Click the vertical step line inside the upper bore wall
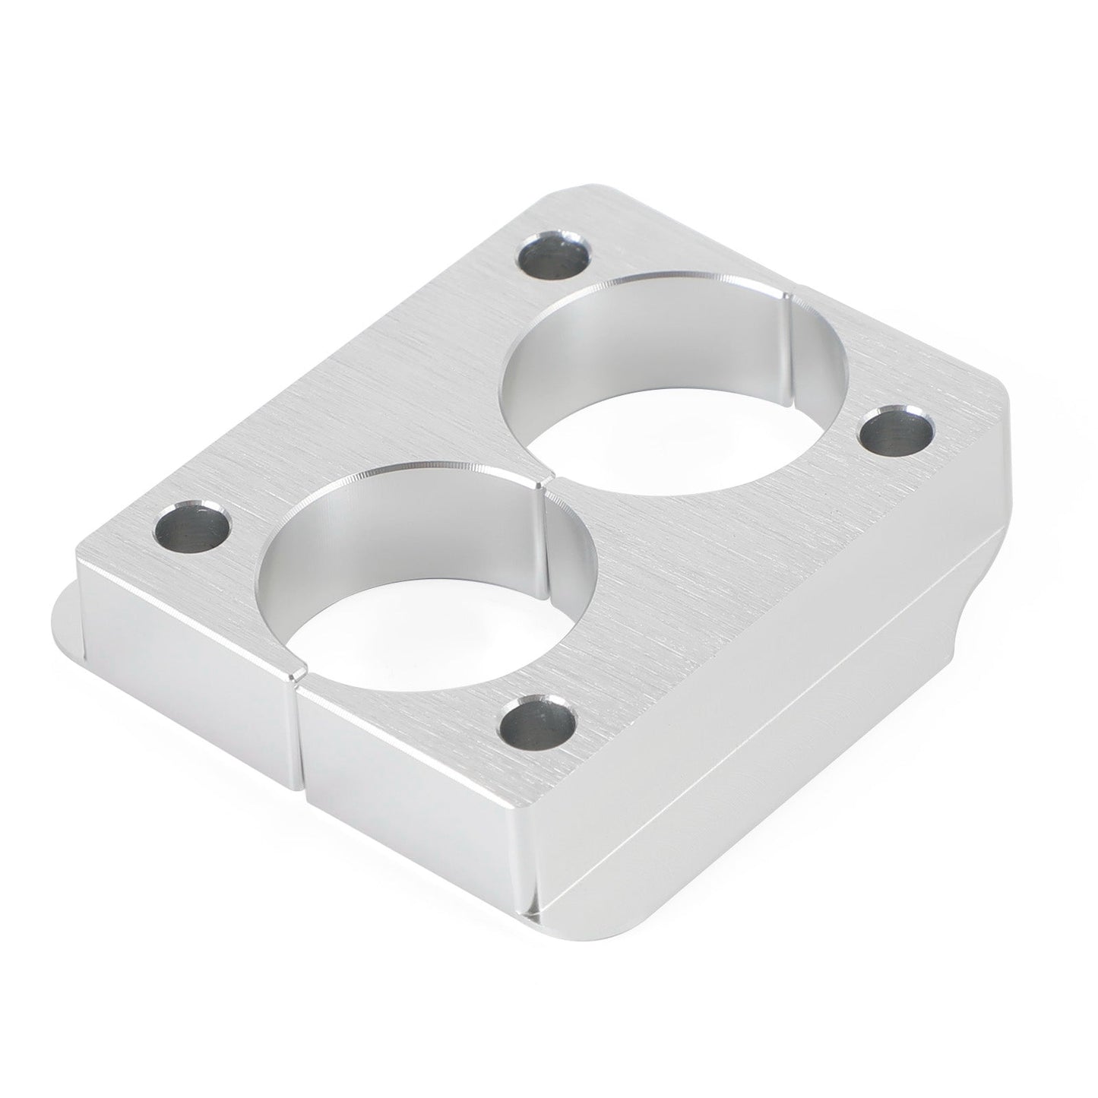[x=790, y=334]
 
